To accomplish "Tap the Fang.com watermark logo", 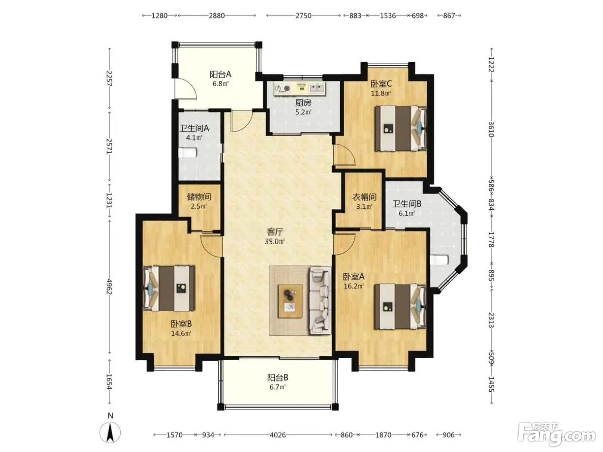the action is pos(556,437).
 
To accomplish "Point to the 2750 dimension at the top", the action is pos(303,15).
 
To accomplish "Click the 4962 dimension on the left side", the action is pos(109,287).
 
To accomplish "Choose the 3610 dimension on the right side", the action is pos(491,129).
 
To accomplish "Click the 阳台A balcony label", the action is pos(221,74).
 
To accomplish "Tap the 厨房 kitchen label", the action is pos(303,103).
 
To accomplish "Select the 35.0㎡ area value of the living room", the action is pos(275,241).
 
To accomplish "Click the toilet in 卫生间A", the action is pos(188,153).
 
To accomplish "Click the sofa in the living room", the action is pos(320,300).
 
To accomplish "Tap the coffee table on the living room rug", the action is pos(290,301).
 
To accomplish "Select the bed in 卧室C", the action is pos(401,128).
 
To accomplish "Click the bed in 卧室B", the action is pos(169,288).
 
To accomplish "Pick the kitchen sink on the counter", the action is pos(317,88).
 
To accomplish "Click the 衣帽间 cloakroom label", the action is pos(364,197).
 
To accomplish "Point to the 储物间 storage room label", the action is pos(199,196).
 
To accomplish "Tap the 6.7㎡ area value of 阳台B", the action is pos(277,387).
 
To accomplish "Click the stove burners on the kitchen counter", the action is pos(283,88).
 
